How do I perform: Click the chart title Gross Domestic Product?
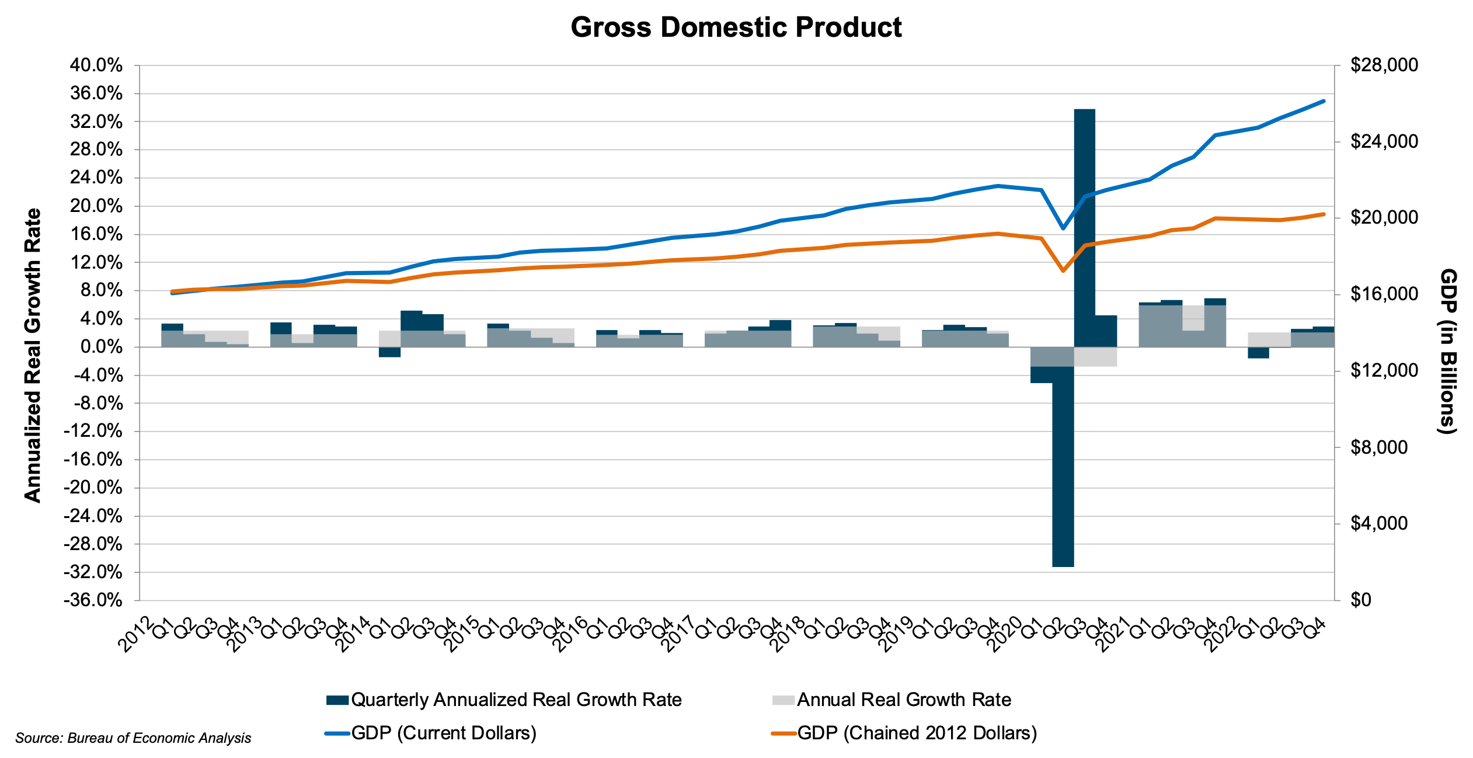(736, 27)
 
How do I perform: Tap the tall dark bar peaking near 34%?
(1084, 228)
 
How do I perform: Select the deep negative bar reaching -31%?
(1063, 467)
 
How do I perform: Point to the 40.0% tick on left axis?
(96, 65)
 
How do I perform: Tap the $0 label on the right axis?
(1361, 600)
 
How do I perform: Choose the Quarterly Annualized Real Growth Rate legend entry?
(504, 700)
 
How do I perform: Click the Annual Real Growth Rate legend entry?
(892, 700)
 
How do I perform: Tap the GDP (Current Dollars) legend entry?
(432, 733)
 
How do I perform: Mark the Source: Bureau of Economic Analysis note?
(133, 738)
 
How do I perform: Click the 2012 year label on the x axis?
(135, 634)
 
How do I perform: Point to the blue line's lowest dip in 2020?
(1063, 228)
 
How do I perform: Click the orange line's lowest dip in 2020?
(1063, 271)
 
